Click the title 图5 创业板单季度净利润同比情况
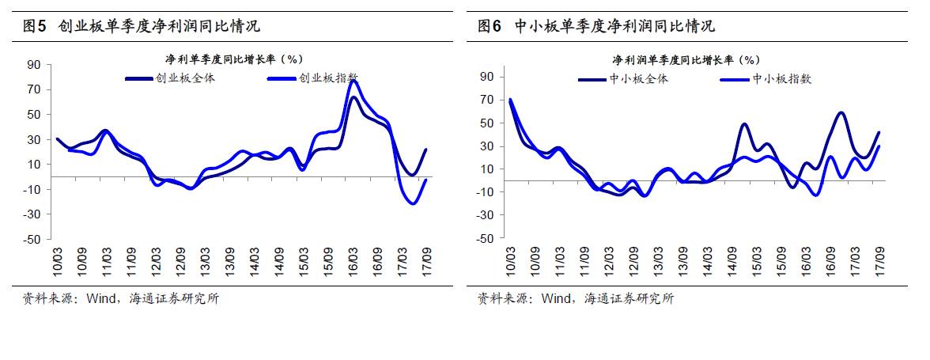pos(142,26)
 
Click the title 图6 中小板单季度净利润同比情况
pos(597,26)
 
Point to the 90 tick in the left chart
pos(35,65)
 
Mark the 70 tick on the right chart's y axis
pos(487,100)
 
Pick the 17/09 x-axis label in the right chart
pos(880,259)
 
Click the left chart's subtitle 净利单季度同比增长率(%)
pos(233,59)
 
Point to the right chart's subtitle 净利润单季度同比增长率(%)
pos(686,59)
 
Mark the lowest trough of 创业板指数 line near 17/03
pos(413,204)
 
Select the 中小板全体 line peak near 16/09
pos(841,112)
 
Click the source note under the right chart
pos(576,298)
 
